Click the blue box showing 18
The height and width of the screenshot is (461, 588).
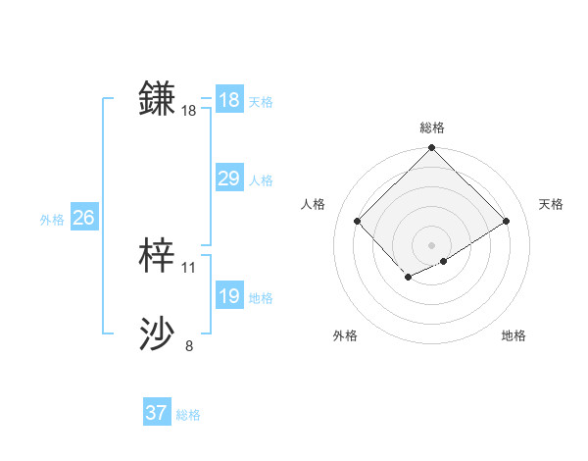click(x=229, y=100)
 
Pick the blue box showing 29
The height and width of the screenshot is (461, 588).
click(x=229, y=179)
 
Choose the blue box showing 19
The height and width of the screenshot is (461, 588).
click(x=229, y=296)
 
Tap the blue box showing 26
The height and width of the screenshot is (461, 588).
click(x=83, y=218)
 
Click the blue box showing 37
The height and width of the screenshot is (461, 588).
click(x=157, y=413)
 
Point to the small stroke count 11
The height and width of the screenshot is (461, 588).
click(x=189, y=268)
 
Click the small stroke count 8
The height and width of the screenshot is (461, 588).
click(x=189, y=346)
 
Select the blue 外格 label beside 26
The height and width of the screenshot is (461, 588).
click(x=52, y=220)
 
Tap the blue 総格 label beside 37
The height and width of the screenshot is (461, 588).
click(x=188, y=415)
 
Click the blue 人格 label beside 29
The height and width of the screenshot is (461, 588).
click(x=261, y=180)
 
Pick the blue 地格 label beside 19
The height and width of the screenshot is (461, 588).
click(x=261, y=298)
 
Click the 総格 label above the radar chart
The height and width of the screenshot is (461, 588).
click(x=432, y=128)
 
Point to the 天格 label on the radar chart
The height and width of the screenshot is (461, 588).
click(x=552, y=204)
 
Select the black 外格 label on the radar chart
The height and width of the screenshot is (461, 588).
click(x=345, y=335)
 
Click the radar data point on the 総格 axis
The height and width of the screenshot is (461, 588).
click(x=432, y=149)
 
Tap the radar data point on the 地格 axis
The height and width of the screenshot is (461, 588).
click(x=444, y=261)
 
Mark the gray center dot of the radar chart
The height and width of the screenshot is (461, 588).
click(x=432, y=245)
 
